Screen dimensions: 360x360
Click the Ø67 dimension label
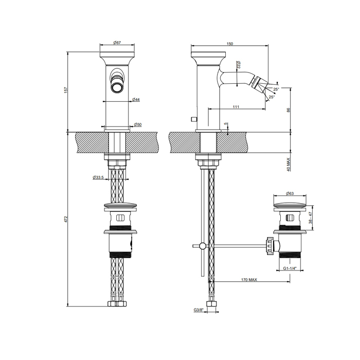click(117, 43)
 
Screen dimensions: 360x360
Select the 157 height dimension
click(66, 90)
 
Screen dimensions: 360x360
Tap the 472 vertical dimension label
click(66, 219)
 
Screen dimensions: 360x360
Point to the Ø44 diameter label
click(136, 99)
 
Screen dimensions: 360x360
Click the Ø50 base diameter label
click(137, 124)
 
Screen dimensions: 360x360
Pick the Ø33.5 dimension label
click(98, 177)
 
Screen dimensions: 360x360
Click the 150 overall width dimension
click(230, 44)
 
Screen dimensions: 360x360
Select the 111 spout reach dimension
click(236, 107)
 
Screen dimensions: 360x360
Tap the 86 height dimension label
click(289, 110)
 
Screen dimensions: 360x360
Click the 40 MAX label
click(289, 165)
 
